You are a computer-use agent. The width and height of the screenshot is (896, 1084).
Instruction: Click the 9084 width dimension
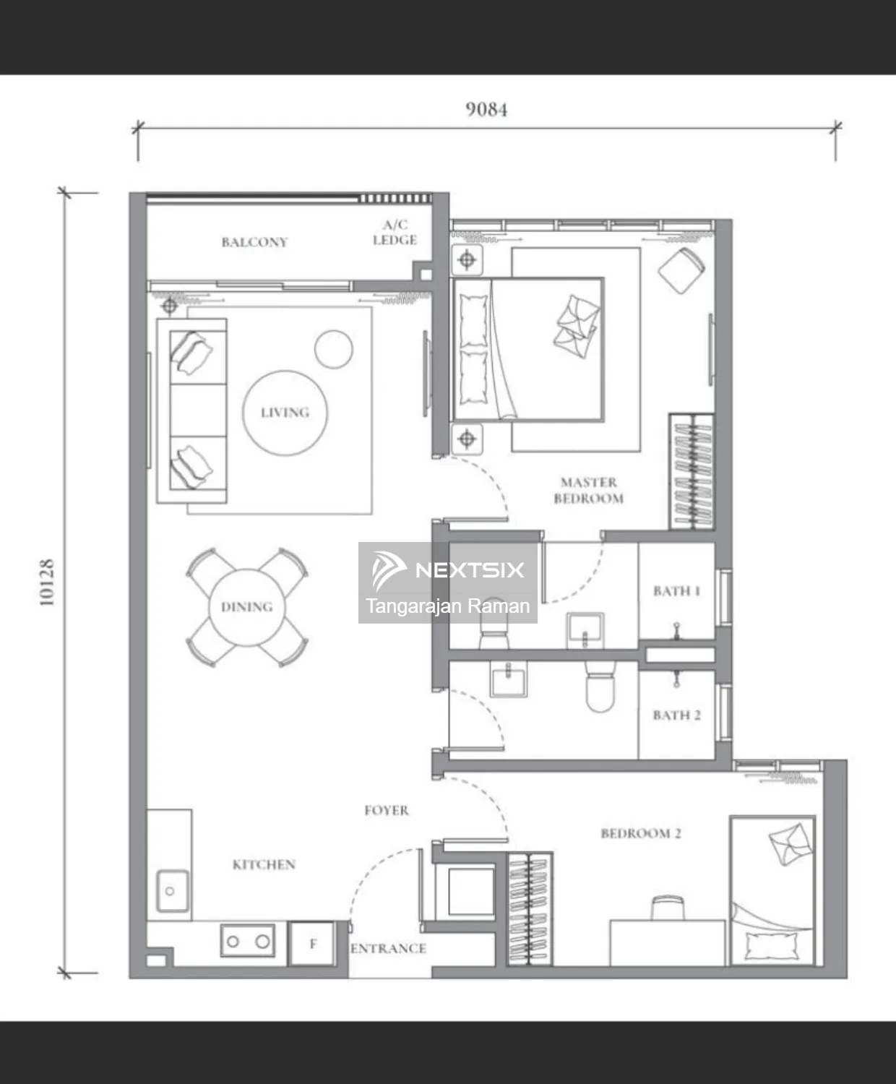point(486,110)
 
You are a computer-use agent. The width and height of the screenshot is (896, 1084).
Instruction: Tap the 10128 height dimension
point(47,582)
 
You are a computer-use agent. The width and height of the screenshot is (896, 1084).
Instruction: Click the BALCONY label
point(254,242)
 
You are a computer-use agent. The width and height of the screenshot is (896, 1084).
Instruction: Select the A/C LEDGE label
point(395,233)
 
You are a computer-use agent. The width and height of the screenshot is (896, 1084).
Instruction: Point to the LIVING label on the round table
point(285,413)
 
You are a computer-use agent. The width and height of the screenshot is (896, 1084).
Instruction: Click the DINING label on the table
point(246,607)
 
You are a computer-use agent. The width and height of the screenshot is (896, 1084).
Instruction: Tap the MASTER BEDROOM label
point(589,491)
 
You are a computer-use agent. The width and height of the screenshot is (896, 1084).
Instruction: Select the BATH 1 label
point(676,591)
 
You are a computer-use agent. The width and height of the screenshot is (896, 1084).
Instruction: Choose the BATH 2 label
point(676,715)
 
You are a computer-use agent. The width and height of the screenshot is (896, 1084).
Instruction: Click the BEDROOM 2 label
point(641,834)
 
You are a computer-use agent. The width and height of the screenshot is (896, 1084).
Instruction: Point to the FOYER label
point(387,810)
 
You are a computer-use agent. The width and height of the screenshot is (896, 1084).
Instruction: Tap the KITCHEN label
point(264,864)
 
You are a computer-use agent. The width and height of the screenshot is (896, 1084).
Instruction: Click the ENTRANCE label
point(388,948)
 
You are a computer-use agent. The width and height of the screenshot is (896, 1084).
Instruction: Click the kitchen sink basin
point(173,891)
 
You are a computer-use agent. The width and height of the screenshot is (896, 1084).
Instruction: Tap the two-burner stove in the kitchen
point(248,941)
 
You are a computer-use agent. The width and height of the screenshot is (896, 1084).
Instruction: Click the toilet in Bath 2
point(600,685)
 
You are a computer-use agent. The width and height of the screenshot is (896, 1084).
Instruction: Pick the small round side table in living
point(333,349)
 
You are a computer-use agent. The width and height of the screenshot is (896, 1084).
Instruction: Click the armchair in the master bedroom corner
point(681,270)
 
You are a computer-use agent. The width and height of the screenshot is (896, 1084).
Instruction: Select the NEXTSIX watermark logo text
point(470,570)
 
